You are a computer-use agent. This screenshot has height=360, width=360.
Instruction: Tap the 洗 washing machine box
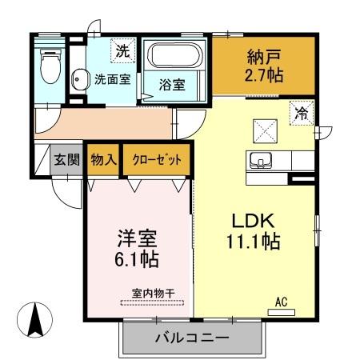tap(122, 51)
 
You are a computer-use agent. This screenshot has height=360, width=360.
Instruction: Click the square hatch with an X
tap(263, 129)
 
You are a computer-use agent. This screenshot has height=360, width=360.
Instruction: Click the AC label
tap(281, 302)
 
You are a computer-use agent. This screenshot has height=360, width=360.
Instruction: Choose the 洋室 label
tap(138, 238)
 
